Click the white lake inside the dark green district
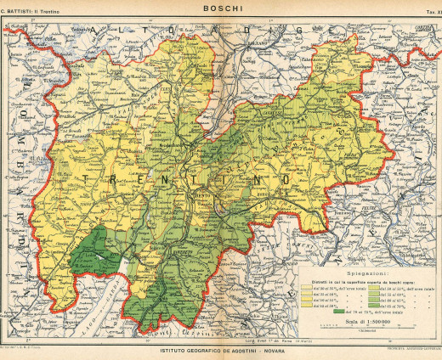coord(100,254)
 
